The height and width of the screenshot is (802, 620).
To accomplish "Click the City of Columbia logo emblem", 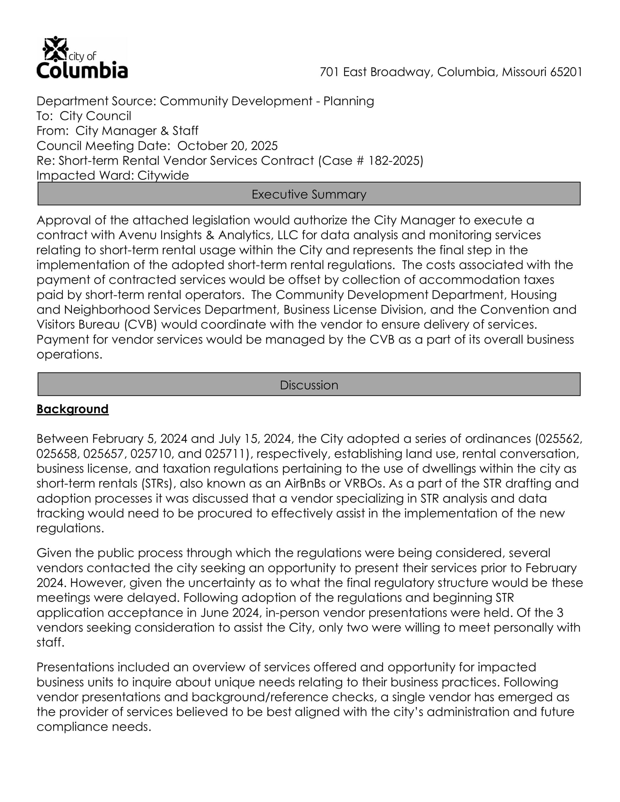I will [55, 49].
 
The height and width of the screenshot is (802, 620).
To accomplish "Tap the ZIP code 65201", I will [566, 72].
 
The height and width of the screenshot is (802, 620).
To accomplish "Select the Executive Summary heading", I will [309, 194].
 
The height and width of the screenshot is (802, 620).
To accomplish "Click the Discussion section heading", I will [309, 385].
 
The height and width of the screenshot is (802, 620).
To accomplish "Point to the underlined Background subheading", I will [72, 409].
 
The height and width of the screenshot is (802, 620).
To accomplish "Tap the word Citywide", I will [163, 175].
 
